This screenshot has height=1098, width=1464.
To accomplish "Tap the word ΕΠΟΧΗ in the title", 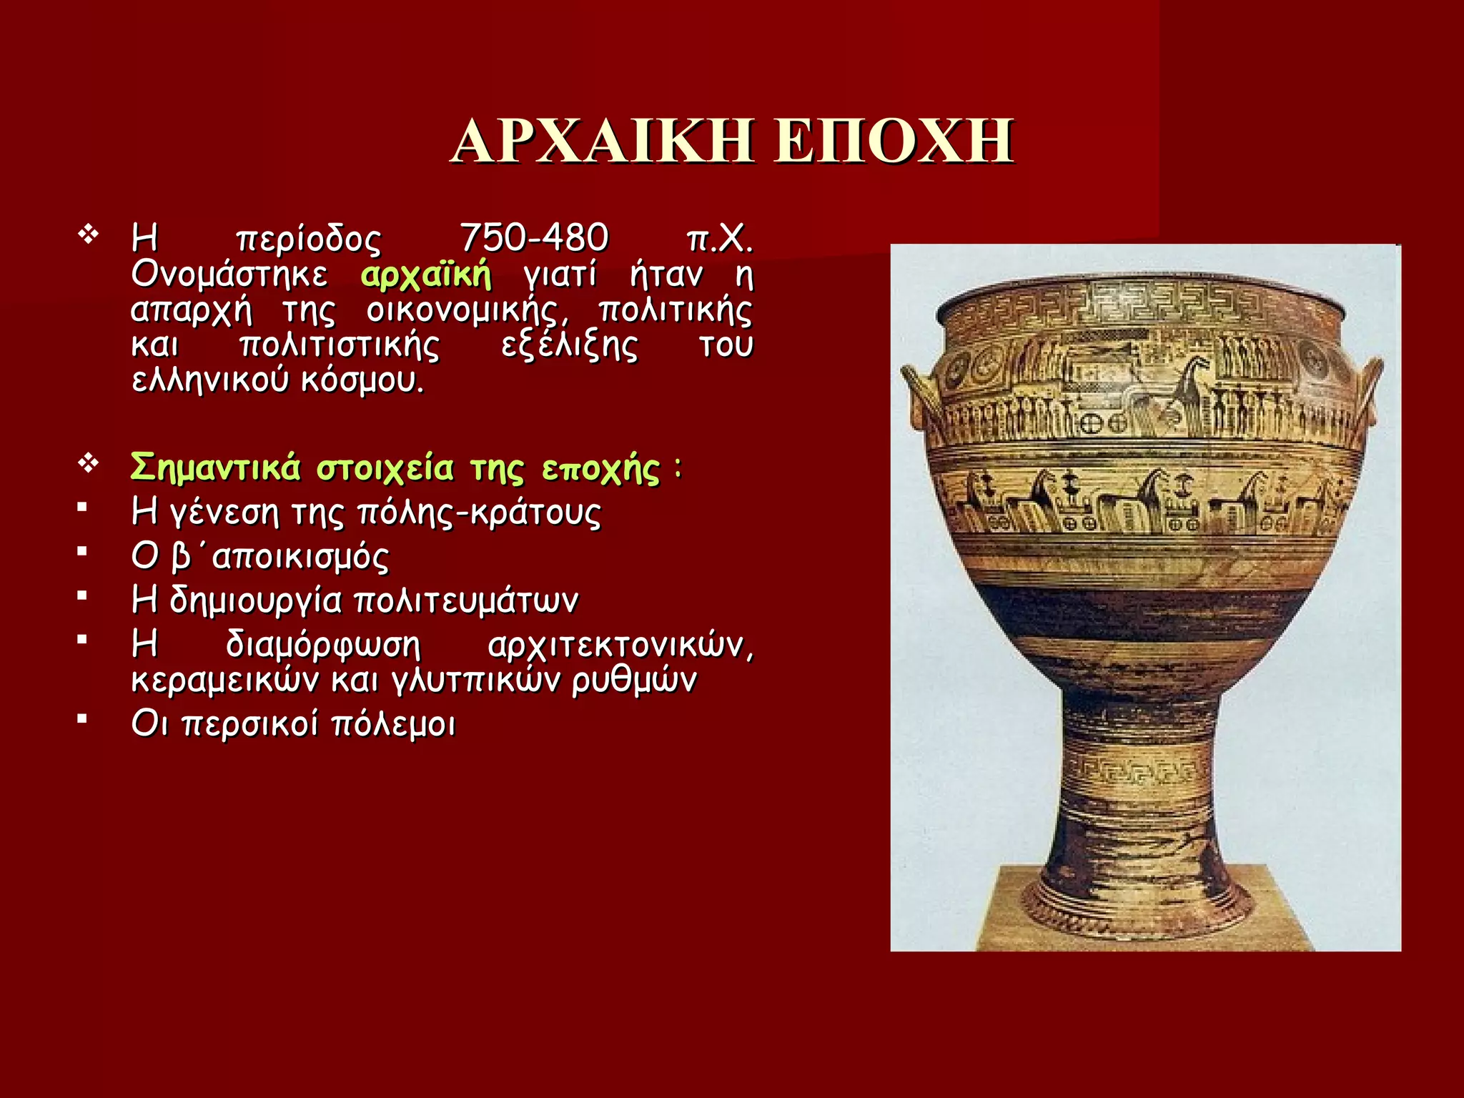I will click(894, 141).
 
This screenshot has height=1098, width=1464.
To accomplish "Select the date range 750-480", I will click(533, 238).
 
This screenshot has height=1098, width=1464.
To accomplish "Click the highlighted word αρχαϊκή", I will click(426, 274).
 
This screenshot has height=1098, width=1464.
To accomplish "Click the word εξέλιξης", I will click(569, 345).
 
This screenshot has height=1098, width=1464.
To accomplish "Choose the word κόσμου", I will click(362, 380).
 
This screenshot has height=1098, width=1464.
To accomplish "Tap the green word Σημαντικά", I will click(215, 468).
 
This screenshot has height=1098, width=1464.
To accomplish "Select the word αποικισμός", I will click(300, 557).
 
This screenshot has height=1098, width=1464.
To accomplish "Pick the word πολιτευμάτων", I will click(466, 600).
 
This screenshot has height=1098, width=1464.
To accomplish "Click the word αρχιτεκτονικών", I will click(620, 645).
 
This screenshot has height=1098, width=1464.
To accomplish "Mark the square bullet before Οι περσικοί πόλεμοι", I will click(83, 718).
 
